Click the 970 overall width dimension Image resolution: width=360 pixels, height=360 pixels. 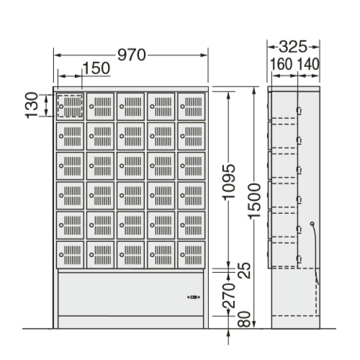coord(132,55)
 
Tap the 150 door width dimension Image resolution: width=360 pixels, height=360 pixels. coord(96,68)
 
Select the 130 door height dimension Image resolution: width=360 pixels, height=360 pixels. coord(32,105)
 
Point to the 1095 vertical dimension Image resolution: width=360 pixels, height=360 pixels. coord(228,182)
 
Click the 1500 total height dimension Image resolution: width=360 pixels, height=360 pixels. coord(254,201)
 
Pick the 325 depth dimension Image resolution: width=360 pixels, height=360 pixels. coord(293,47)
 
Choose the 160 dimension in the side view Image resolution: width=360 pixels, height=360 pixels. coord(282,64)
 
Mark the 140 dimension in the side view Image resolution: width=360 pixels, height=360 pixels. coord(308,64)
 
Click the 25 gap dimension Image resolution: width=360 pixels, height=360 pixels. coord(244,271)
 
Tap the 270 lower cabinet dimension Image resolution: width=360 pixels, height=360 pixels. coord(228,295)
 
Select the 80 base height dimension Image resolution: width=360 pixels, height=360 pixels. coord(244,320)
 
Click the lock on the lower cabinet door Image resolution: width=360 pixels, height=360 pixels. coord(194,297)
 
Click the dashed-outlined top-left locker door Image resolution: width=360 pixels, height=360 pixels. coord(70,107)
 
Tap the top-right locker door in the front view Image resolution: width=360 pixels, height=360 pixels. coord(192,107)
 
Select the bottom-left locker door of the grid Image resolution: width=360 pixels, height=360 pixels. coord(70,255)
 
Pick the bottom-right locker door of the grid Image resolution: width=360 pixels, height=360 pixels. coord(192,255)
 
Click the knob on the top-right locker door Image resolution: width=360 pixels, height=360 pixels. coord(183,107)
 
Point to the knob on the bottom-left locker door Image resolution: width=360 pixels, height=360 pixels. coord(61,255)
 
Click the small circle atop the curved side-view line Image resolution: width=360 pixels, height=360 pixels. coord(312,224)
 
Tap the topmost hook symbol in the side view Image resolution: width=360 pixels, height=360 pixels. coord(300,111)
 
